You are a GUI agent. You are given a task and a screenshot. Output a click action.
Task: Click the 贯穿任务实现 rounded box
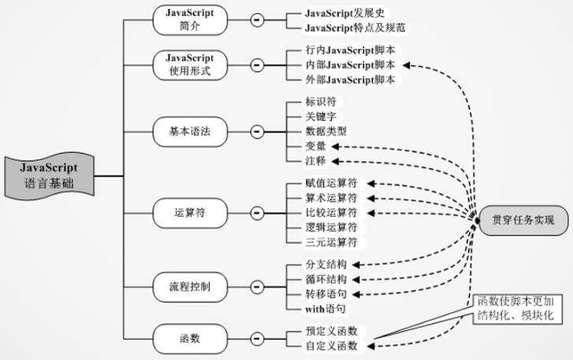523,221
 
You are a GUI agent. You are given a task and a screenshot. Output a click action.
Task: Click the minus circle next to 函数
256,339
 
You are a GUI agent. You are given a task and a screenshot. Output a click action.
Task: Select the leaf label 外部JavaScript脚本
350,80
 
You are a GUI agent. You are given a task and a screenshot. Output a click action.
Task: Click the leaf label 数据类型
326,131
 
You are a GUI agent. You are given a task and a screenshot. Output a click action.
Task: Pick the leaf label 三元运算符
331,241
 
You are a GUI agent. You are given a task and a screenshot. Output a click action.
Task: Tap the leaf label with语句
325,308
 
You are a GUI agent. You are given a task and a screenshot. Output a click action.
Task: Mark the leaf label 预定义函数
331,331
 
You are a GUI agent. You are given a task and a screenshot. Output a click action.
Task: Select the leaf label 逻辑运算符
331,227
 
